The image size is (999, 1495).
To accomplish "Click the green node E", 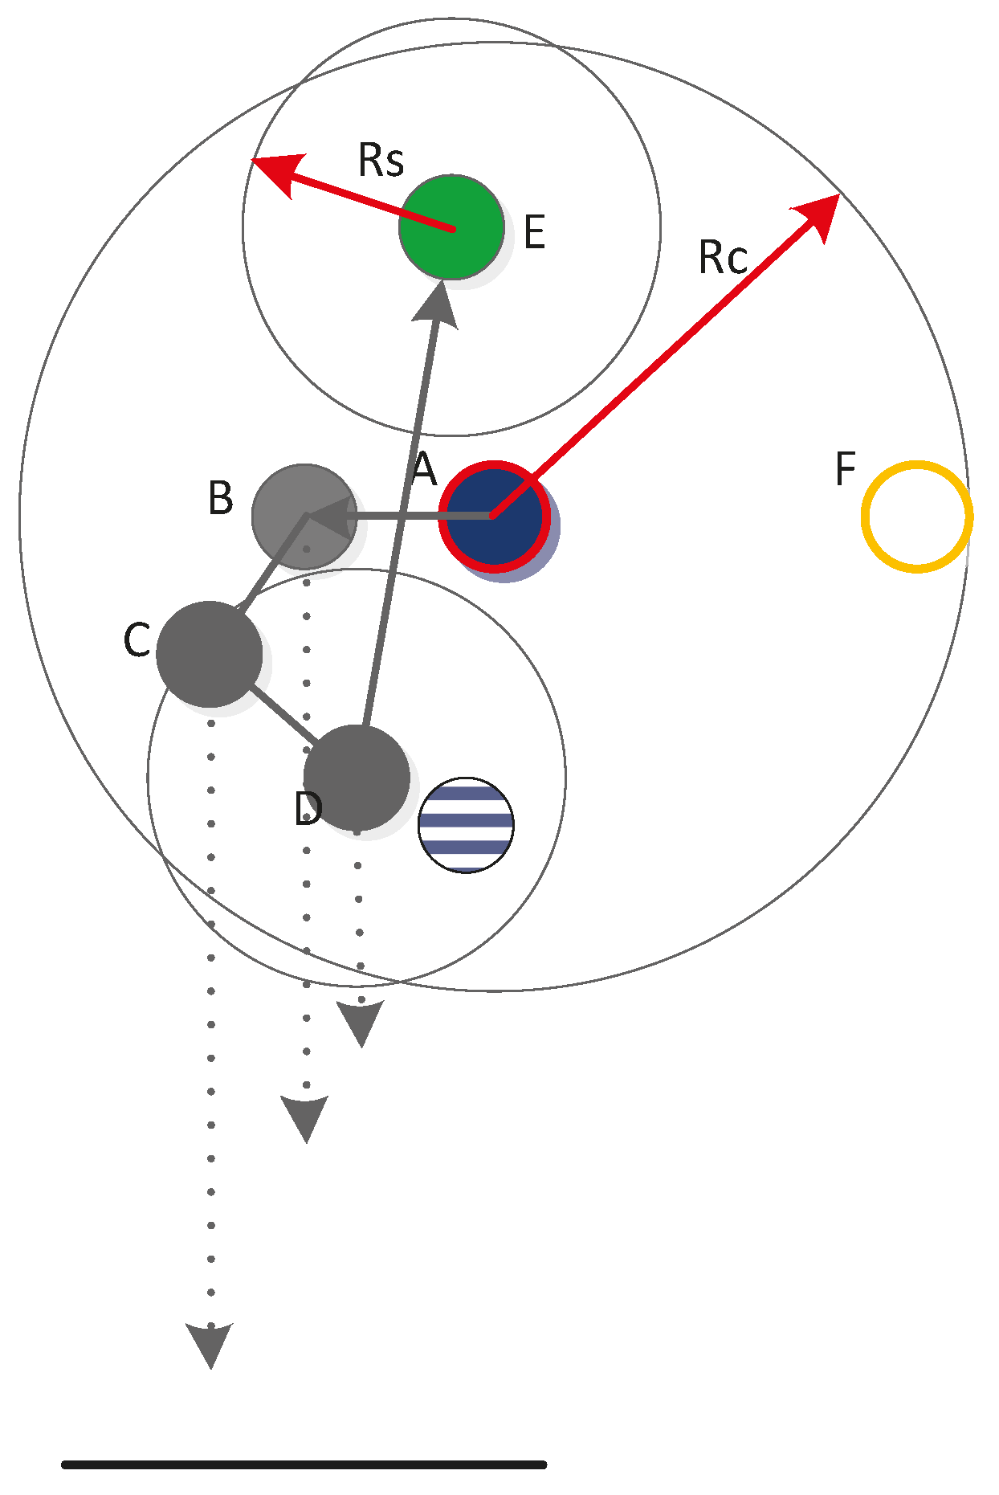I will point(451,227).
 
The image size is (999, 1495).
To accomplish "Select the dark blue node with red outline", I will point(495,516).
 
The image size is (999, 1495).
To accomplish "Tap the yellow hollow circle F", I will point(916,517).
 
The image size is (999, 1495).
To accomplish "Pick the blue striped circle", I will point(466,824).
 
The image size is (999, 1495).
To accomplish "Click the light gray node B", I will point(304,516).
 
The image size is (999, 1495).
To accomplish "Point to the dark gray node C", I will point(209,654).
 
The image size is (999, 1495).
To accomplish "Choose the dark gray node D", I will point(357,777).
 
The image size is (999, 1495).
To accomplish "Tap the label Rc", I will point(723,258).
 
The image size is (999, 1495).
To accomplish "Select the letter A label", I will point(424,468).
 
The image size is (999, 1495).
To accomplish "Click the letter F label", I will point(846,468).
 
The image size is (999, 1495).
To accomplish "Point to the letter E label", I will point(534,233).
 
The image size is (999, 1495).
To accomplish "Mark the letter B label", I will point(221,498).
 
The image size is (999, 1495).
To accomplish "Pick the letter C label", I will point(137,641).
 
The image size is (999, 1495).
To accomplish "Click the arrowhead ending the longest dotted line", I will point(210,1343).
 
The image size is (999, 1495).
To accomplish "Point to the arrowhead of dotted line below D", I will point(361,1022).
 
